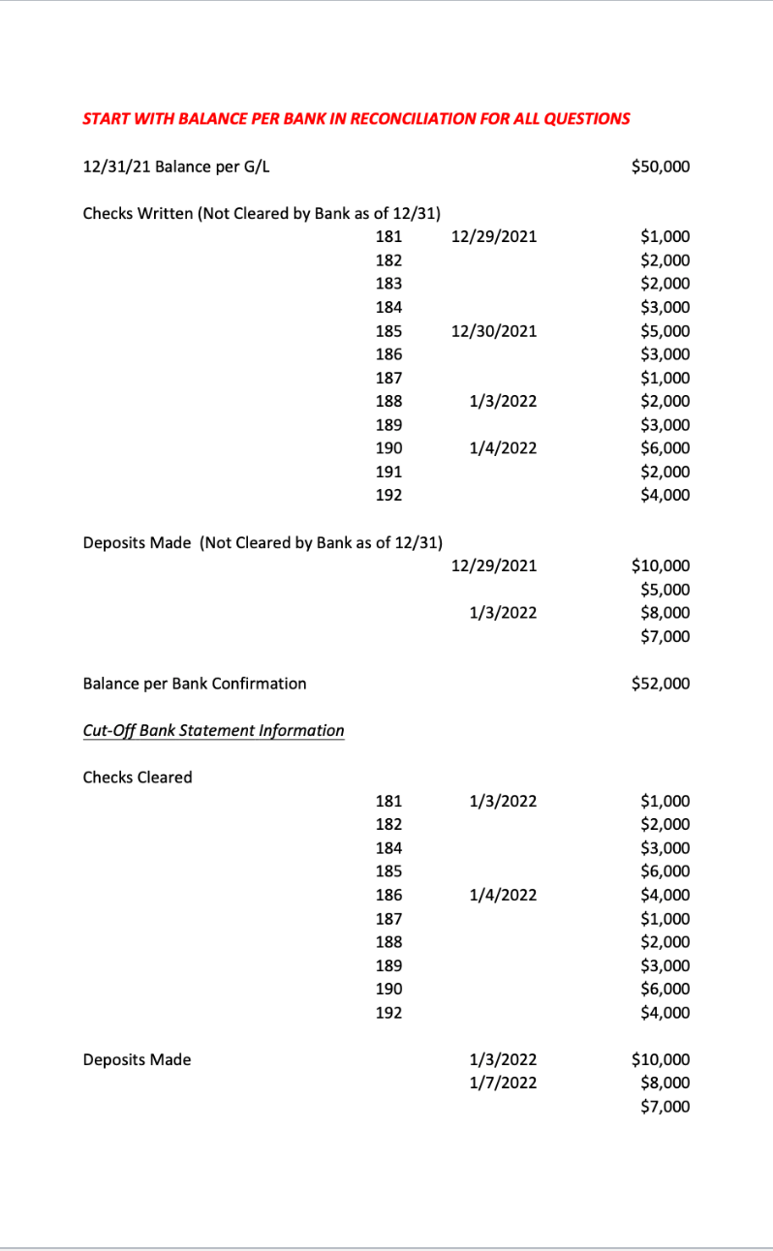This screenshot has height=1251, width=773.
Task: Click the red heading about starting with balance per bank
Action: (x=356, y=119)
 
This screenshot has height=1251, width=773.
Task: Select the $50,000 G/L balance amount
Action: (x=660, y=167)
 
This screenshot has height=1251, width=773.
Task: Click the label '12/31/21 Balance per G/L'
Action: (x=176, y=167)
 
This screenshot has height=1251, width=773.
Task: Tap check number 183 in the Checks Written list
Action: (x=388, y=284)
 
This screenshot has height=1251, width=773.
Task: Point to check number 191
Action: (x=388, y=472)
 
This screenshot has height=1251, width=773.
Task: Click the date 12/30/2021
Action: (x=494, y=331)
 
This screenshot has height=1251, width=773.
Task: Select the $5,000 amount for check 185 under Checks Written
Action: (x=665, y=331)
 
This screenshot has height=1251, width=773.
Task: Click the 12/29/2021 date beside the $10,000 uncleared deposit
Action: (x=494, y=565)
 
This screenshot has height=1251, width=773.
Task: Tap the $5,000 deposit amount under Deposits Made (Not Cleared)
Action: (x=665, y=589)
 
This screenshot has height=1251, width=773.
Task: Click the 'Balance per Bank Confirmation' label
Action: (x=195, y=684)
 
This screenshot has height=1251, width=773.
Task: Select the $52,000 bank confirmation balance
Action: (x=660, y=684)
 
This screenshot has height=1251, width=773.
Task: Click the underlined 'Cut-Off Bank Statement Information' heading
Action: (x=213, y=730)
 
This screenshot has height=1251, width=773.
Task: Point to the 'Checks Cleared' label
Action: (x=138, y=778)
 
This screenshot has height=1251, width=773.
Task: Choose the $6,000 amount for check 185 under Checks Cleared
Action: (x=665, y=871)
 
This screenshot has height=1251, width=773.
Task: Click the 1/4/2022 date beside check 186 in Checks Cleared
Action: (x=502, y=895)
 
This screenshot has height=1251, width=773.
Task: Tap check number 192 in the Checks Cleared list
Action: (x=388, y=1013)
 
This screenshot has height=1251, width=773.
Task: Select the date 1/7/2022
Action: (x=502, y=1083)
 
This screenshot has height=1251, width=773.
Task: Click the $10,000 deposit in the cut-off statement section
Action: (x=660, y=1059)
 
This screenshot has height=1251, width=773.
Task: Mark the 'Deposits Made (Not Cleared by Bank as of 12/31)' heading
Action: (x=263, y=542)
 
